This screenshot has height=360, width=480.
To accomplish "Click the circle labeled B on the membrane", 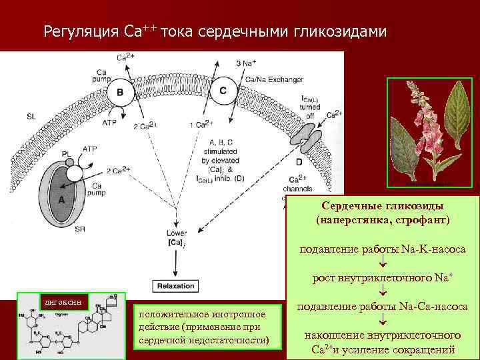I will [121, 93].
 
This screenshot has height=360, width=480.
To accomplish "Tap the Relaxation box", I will [175, 285].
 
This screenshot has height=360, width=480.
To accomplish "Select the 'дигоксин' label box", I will [63, 302].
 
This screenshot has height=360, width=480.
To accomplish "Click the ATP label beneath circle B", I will [109, 123].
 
